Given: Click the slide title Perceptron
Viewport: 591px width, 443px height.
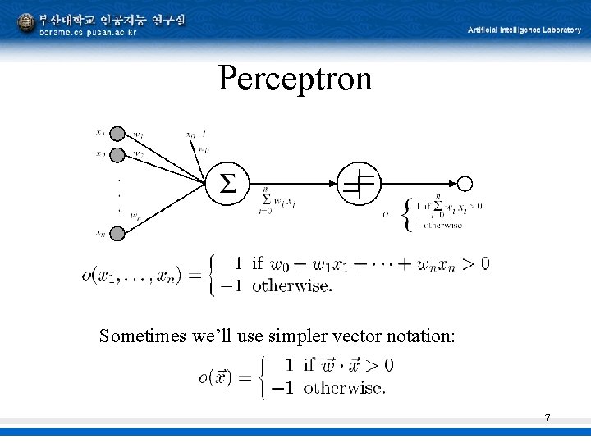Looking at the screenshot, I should click(295, 79).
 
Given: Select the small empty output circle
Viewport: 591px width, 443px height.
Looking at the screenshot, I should click(465, 184).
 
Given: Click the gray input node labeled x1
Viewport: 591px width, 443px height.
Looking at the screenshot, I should click(118, 133).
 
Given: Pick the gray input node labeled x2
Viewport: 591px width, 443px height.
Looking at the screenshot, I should click(118, 154).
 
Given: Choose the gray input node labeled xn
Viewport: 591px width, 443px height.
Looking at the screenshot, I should click(118, 234).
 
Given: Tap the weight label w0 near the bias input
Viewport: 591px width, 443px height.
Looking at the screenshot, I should click(202, 149).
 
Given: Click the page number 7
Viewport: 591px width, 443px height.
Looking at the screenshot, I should click(547, 419).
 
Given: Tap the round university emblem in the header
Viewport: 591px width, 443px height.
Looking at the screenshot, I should click(26, 24).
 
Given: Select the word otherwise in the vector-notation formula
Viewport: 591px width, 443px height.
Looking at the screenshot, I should click(345, 388).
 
